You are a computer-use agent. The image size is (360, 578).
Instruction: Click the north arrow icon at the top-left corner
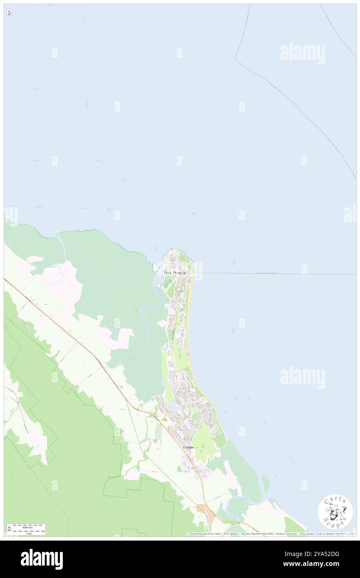(9, 13)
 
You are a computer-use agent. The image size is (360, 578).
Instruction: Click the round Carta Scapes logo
(335, 511)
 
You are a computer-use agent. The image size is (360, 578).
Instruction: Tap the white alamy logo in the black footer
(42, 559)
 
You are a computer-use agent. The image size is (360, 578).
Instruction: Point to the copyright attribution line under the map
(270, 534)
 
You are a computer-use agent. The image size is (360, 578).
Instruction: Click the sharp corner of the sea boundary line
(235, 59)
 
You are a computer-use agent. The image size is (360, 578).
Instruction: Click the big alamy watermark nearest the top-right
(302, 53)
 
